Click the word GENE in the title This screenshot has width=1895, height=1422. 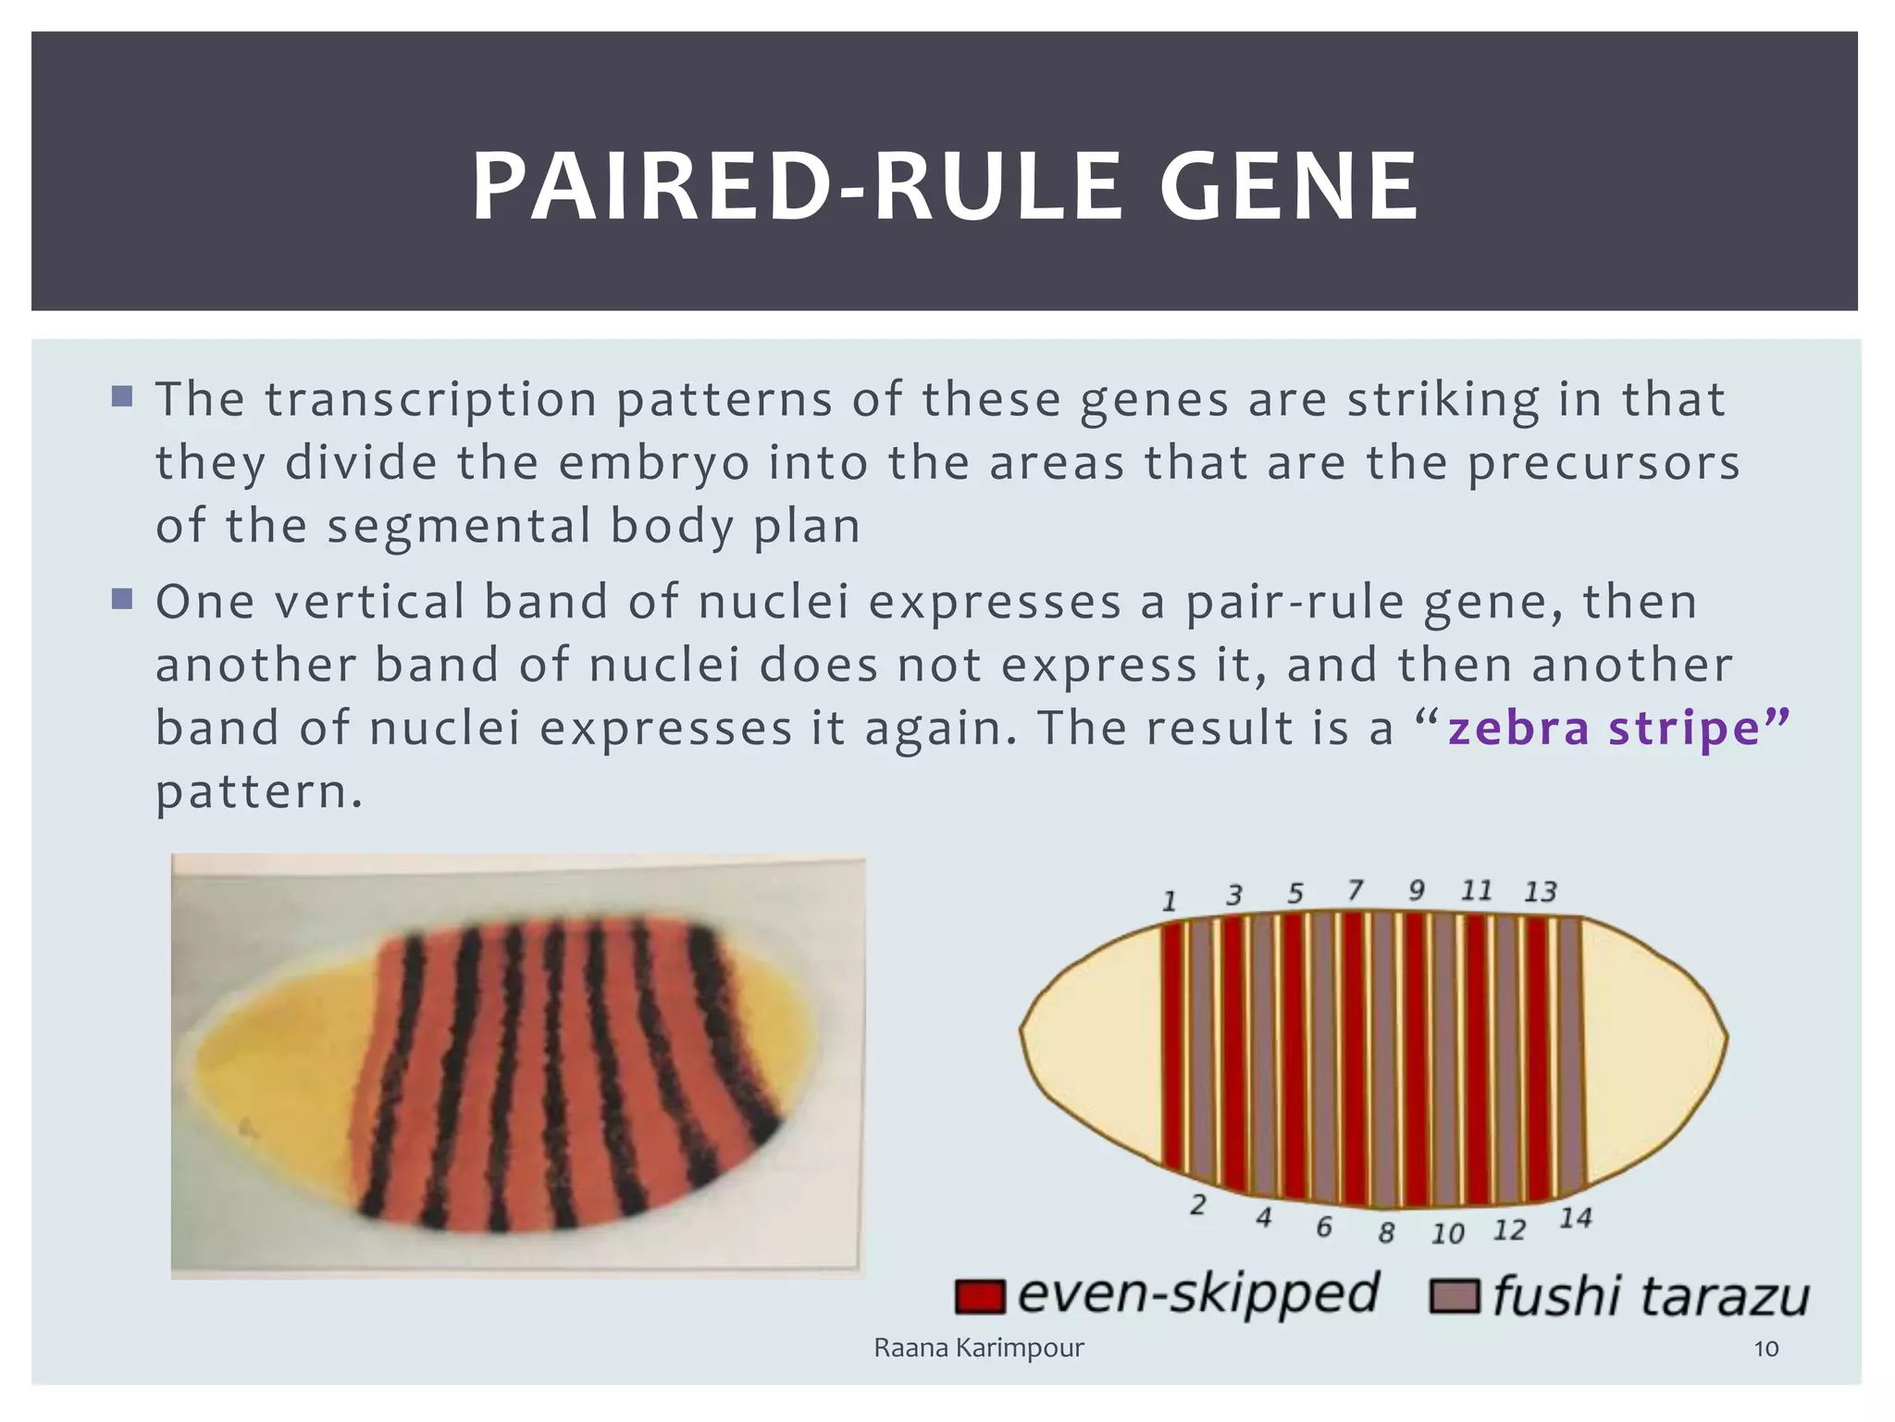click(x=1288, y=188)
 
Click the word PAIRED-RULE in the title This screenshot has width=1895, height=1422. click(x=795, y=188)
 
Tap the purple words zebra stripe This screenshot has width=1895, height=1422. click(x=1603, y=727)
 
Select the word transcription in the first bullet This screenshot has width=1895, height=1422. click(x=431, y=400)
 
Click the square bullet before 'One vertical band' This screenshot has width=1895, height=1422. click(x=121, y=599)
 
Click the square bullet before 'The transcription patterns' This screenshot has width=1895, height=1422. click(x=121, y=397)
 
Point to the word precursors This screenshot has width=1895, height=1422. click(x=1604, y=463)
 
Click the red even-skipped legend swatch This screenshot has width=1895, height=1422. click(x=979, y=1296)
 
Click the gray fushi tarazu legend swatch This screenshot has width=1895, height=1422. click(x=1454, y=1296)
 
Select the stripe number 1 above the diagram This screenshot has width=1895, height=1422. click(x=1170, y=901)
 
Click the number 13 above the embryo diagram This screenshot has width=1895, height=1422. click(x=1541, y=892)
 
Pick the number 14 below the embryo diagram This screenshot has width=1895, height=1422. click(x=1575, y=1218)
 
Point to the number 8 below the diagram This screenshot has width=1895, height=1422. click(x=1385, y=1233)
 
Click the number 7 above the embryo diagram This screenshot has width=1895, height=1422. click(x=1355, y=891)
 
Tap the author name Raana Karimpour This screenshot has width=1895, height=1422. click(x=978, y=1348)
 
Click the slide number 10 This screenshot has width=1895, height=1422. click(x=1765, y=1349)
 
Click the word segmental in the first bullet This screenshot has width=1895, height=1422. click(x=459, y=526)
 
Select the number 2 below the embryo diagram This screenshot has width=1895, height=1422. click(x=1197, y=1204)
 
